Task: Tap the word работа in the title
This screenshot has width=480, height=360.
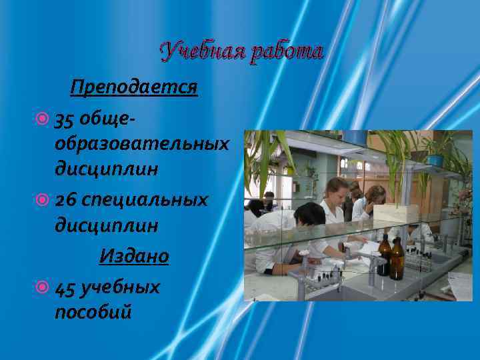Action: pos(286,51)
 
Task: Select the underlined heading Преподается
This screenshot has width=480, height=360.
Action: pos(134,87)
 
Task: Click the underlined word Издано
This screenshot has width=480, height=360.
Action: pos(134,255)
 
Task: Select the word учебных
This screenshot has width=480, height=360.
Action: pos(119,287)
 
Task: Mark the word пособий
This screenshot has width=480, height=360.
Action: pos(93,311)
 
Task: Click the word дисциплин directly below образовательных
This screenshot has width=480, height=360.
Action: pos(107,169)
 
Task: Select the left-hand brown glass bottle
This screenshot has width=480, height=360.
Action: pos(385,254)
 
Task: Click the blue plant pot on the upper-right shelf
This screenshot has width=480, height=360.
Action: pos(435,160)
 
